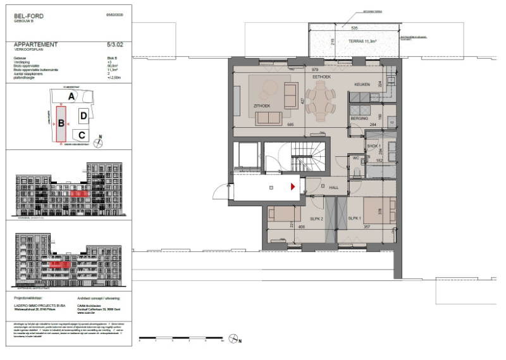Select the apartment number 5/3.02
coord(116,45)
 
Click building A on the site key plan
coord(72,96)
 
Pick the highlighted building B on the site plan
coord(61,123)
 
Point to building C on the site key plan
coord(83,135)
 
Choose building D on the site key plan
coord(83,116)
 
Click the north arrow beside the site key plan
coord(98,142)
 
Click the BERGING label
coord(359,118)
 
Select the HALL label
coord(333,187)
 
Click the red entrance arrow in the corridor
coord(292,187)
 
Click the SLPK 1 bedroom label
coord(354,218)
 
